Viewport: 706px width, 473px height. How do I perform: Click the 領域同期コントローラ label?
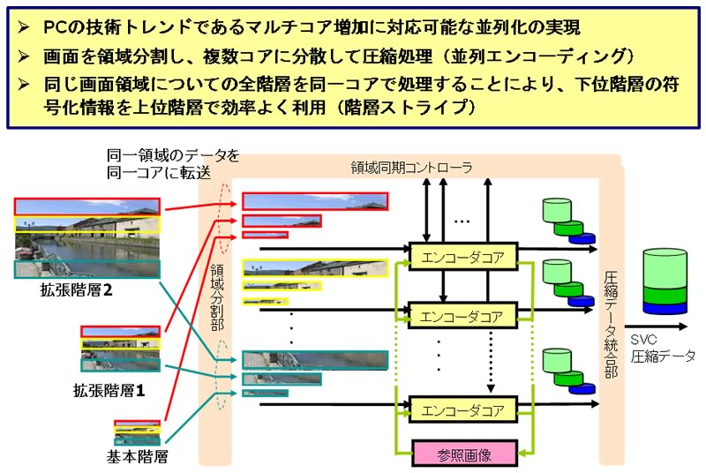tap(411, 167)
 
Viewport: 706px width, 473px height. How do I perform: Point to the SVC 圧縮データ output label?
tap(663, 349)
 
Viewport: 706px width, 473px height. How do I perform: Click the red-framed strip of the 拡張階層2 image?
tap(86, 206)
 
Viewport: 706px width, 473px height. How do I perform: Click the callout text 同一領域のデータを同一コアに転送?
tap(171, 163)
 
